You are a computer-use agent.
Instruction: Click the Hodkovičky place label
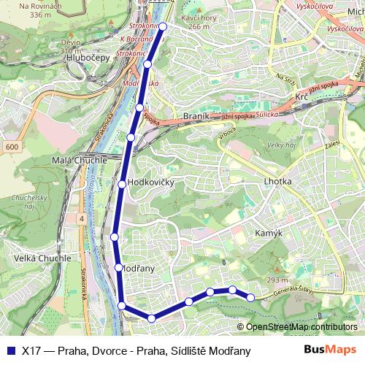(150, 182)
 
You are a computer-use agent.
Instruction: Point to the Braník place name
(196, 116)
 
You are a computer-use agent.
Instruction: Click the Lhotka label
(277, 181)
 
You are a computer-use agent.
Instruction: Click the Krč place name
(301, 96)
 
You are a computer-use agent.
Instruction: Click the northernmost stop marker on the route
(163, 26)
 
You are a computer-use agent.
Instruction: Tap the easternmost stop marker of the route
(251, 297)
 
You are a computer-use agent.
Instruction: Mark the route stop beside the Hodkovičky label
(122, 183)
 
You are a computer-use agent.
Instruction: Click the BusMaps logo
(331, 350)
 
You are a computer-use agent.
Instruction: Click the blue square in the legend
(11, 350)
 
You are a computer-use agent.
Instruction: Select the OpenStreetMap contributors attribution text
(301, 327)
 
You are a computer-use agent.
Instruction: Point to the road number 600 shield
(11, 147)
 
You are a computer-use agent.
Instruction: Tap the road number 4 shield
(82, 218)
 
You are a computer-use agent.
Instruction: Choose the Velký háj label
(280, 145)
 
